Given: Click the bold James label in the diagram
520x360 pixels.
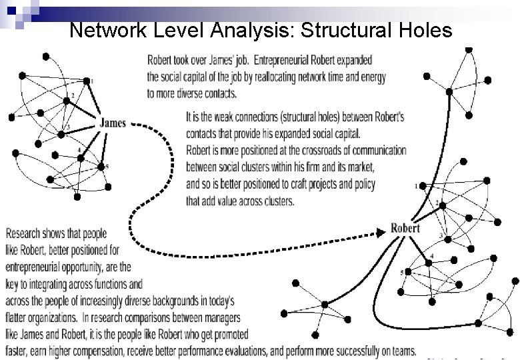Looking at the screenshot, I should [113, 122].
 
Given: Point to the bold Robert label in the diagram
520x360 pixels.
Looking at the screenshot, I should [405, 229].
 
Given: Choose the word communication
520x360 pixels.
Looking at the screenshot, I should [374, 150].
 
